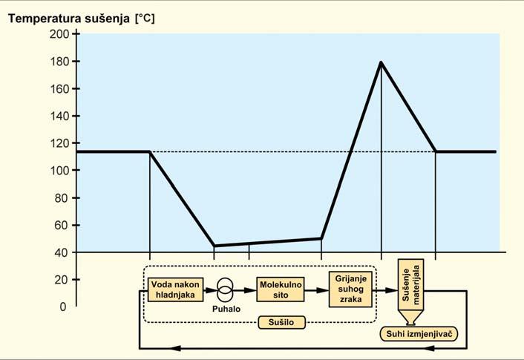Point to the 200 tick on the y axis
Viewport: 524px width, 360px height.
61,35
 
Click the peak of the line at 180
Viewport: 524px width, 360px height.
381,62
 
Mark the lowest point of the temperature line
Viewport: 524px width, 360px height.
214,246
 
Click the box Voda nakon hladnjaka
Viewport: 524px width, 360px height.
171,289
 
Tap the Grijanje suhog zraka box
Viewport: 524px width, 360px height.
349,288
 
